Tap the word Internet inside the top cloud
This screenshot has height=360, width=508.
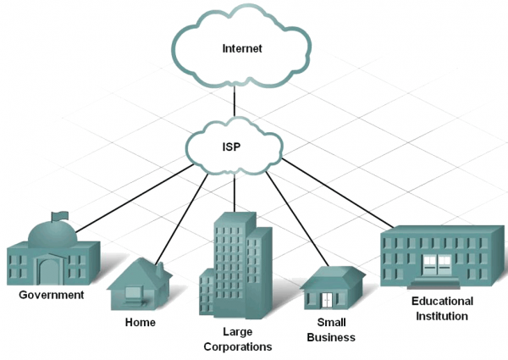pos(242,48)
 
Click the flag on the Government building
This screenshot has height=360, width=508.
pos(58,217)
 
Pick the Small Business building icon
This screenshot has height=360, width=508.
pos(332,288)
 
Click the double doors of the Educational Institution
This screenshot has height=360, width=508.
pos(437,263)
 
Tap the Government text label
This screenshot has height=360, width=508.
pos(52,296)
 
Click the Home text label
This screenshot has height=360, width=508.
pos(140,323)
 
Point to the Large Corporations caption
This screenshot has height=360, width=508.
pos(236,339)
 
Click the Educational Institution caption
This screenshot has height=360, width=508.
pos(441,308)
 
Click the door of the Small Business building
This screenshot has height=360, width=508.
pos(327,300)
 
